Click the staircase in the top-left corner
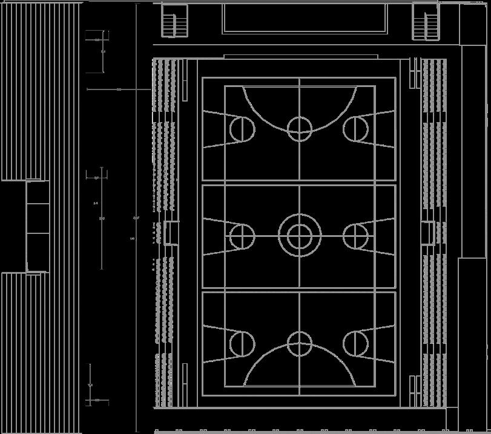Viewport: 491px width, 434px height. click(175, 22)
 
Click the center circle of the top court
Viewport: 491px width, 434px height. click(299, 128)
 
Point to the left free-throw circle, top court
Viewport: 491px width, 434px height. click(242, 129)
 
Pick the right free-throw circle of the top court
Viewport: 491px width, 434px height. click(356, 129)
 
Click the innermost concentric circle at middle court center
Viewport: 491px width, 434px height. click(299, 236)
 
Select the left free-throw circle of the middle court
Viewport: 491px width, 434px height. click(242, 236)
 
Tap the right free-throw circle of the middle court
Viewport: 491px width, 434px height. click(356, 236)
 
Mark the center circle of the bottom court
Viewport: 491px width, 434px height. click(299, 343)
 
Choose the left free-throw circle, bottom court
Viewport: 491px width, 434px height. click(242, 343)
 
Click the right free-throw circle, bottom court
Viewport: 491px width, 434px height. click(356, 343)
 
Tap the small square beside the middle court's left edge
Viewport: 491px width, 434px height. click(171, 233)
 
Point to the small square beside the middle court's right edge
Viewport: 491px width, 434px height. click(428, 233)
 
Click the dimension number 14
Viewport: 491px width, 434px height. click(96, 203)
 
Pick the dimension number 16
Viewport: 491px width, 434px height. click(132, 239)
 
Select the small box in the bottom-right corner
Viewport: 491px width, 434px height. click(452, 419)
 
